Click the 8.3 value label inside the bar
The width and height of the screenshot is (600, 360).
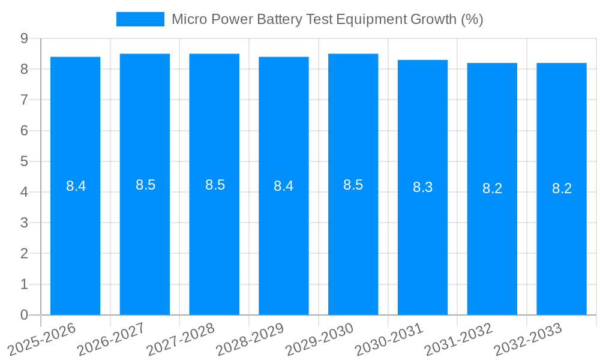point(422,187)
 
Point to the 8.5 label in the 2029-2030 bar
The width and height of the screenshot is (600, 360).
point(353,185)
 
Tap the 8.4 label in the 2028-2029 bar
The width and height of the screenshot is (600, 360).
point(283,186)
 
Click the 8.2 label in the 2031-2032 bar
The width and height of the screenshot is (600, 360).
point(492,188)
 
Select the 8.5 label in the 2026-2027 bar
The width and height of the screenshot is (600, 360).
point(145,185)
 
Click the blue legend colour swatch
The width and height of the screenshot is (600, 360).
point(140,19)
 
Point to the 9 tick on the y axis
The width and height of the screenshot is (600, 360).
point(24,38)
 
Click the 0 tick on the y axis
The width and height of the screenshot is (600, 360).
point(24,315)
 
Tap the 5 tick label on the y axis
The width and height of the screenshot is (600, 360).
point(24,161)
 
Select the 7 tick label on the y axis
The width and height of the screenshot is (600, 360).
point(24,100)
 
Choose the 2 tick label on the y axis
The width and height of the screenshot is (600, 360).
point(24,253)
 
